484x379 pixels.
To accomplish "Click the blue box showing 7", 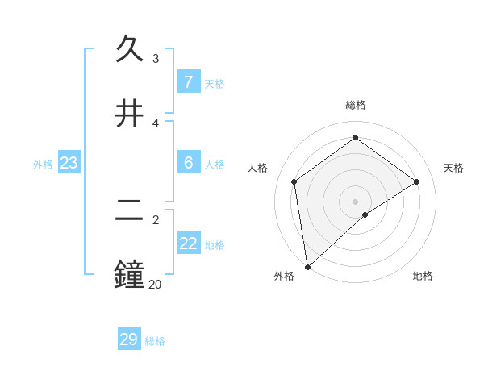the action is pyautogui.click(x=188, y=82).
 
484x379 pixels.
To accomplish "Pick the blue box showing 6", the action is pyautogui.click(x=188, y=163).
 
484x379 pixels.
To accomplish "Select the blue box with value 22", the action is pyautogui.click(x=188, y=244).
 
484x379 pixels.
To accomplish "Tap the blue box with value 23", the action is pyautogui.click(x=69, y=163).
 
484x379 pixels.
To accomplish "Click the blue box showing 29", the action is pyautogui.click(x=129, y=339).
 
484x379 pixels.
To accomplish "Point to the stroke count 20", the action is pyautogui.click(x=155, y=284).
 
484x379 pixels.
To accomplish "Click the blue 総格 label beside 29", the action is pyautogui.click(x=155, y=341).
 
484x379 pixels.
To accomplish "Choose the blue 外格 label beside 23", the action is pyautogui.click(x=43, y=165).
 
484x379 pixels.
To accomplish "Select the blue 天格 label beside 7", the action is pyautogui.click(x=215, y=84).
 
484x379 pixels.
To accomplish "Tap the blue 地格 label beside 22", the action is pyautogui.click(x=215, y=245).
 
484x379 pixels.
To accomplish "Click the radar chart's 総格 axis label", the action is pyautogui.click(x=355, y=105).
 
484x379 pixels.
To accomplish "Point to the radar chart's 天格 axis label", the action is pyautogui.click(x=453, y=168).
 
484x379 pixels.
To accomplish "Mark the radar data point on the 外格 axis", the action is pyautogui.click(x=307, y=267).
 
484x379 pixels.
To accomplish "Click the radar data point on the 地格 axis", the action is pyautogui.click(x=365, y=214).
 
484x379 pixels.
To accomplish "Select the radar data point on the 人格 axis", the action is pyautogui.click(x=294, y=181).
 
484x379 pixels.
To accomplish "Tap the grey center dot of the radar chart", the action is pyautogui.click(x=355, y=201).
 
